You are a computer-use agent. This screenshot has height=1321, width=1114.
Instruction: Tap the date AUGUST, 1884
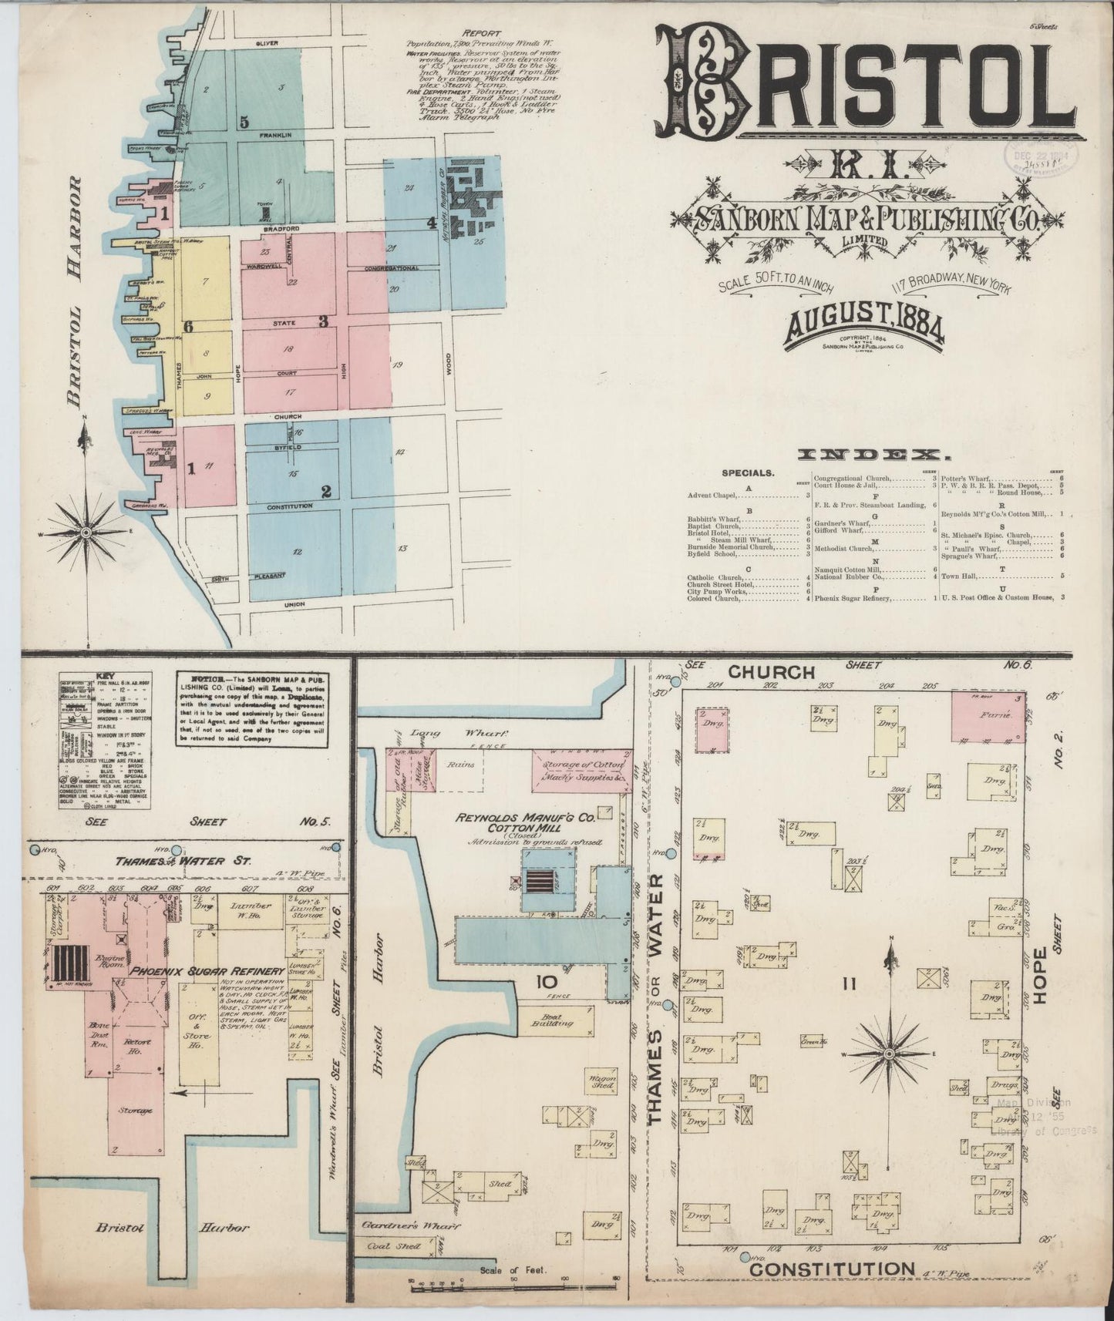coord(864,324)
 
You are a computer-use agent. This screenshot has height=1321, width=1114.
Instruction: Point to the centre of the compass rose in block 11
coord(889,1053)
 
